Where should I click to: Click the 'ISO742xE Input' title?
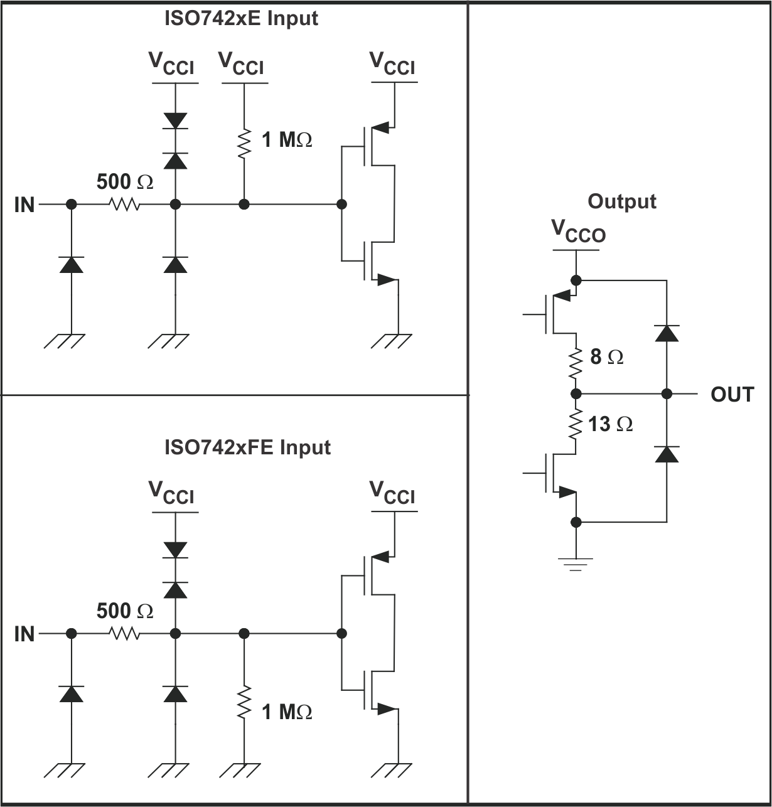tap(241, 18)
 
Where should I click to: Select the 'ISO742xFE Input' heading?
tap(247, 447)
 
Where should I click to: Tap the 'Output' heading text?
tap(622, 201)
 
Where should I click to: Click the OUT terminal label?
tap(732, 395)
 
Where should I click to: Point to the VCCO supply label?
tap(578, 232)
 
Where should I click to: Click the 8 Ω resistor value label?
tap(607, 358)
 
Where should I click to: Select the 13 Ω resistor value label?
tap(611, 425)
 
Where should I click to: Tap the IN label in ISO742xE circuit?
tap(24, 205)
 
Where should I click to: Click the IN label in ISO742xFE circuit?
tap(24, 634)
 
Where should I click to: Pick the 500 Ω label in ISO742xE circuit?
tap(125, 183)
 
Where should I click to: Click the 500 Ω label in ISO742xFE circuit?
tap(125, 611)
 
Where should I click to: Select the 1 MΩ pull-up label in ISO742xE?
tap(287, 140)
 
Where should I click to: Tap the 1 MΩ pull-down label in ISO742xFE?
tap(287, 712)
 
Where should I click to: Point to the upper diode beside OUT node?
tap(667, 333)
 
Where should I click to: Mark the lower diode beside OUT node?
tap(667, 453)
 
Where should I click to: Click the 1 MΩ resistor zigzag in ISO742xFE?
tap(244, 703)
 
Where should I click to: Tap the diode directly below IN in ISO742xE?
tap(72, 265)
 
